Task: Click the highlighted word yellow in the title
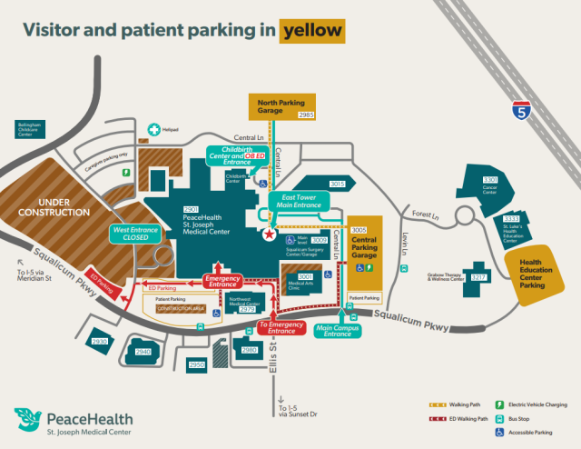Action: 312,31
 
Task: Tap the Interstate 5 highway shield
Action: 519,111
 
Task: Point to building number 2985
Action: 306,115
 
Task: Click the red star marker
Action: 269,234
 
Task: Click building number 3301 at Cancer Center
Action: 490,180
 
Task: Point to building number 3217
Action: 478,276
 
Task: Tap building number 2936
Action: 100,342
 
